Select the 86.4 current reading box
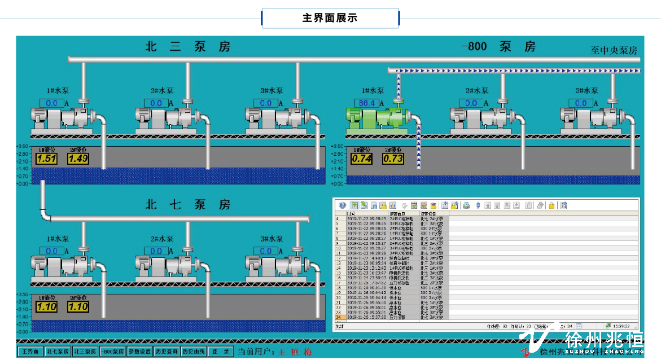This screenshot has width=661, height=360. coord(367,103)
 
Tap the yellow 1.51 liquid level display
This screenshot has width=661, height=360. coord(47,159)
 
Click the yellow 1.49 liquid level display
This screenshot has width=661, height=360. coord(78,159)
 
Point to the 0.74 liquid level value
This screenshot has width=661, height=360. coord(361,159)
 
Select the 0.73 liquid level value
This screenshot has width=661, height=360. coord(393,159)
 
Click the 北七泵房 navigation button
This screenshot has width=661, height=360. coord(58,352)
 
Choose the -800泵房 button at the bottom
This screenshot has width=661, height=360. coord(112,352)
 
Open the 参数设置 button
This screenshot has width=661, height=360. coord(139,352)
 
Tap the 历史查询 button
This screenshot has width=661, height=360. coord(167,352)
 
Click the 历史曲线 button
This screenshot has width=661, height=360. coord(194,352)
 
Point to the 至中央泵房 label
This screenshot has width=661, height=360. coord(614,51)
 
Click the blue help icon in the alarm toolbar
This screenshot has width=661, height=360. coord(342,205)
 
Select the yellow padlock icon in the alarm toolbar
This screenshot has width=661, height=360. coord(551,205)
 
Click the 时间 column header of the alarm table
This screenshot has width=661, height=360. coord(351,214)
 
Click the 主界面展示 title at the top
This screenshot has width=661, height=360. coord(330,18)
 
